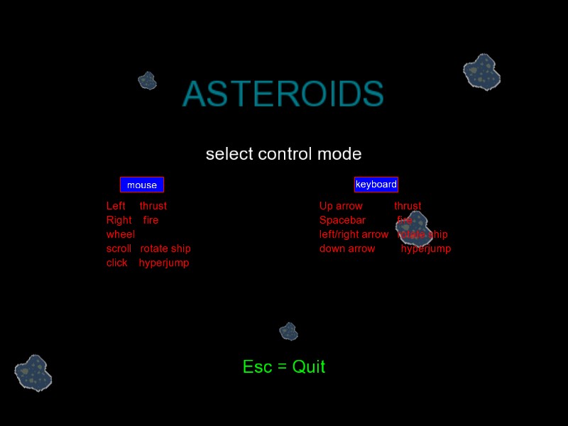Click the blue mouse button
click(x=142, y=185)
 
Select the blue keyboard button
click(x=376, y=185)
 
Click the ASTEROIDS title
click(x=283, y=94)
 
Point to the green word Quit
click(x=309, y=367)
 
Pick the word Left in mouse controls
click(x=116, y=206)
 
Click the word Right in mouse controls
click(x=119, y=220)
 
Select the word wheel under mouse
click(x=121, y=234)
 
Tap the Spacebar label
click(x=342, y=220)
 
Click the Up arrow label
click(x=341, y=206)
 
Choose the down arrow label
click(x=347, y=248)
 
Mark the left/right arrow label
click(x=354, y=234)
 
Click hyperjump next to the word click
click(x=164, y=263)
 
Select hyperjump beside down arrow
click(x=426, y=248)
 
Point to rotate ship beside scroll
click(x=165, y=248)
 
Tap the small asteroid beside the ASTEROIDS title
click(x=147, y=80)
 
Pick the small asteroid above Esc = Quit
click(x=288, y=331)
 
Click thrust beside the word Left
click(x=153, y=206)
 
